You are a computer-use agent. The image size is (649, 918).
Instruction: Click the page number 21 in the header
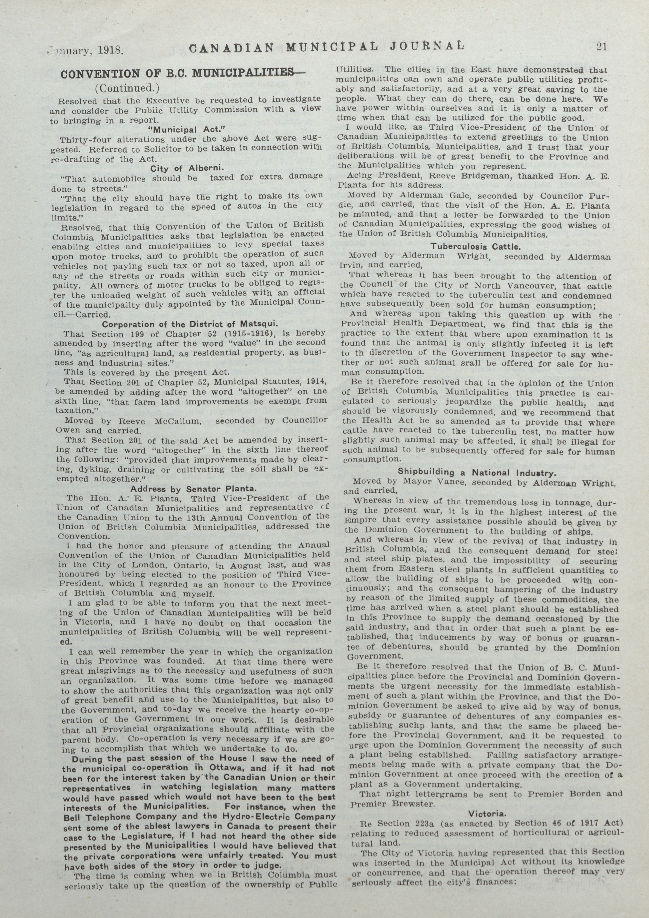tap(601, 46)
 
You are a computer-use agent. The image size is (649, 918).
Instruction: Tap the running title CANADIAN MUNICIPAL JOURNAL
tap(326, 47)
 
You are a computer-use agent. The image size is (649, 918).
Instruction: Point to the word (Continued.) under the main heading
tap(127, 87)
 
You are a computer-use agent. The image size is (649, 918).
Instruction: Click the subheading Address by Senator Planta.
tap(193, 488)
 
